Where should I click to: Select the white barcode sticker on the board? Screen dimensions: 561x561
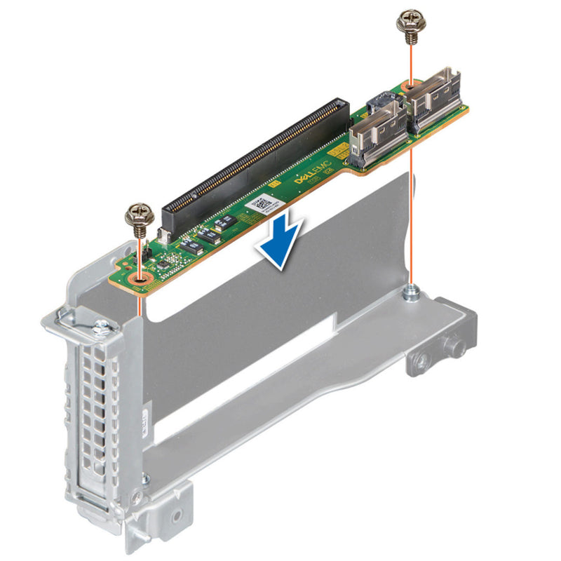[x=264, y=205]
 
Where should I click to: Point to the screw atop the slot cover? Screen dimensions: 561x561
[x=102, y=327]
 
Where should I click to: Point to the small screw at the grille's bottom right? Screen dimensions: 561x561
[x=146, y=480]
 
